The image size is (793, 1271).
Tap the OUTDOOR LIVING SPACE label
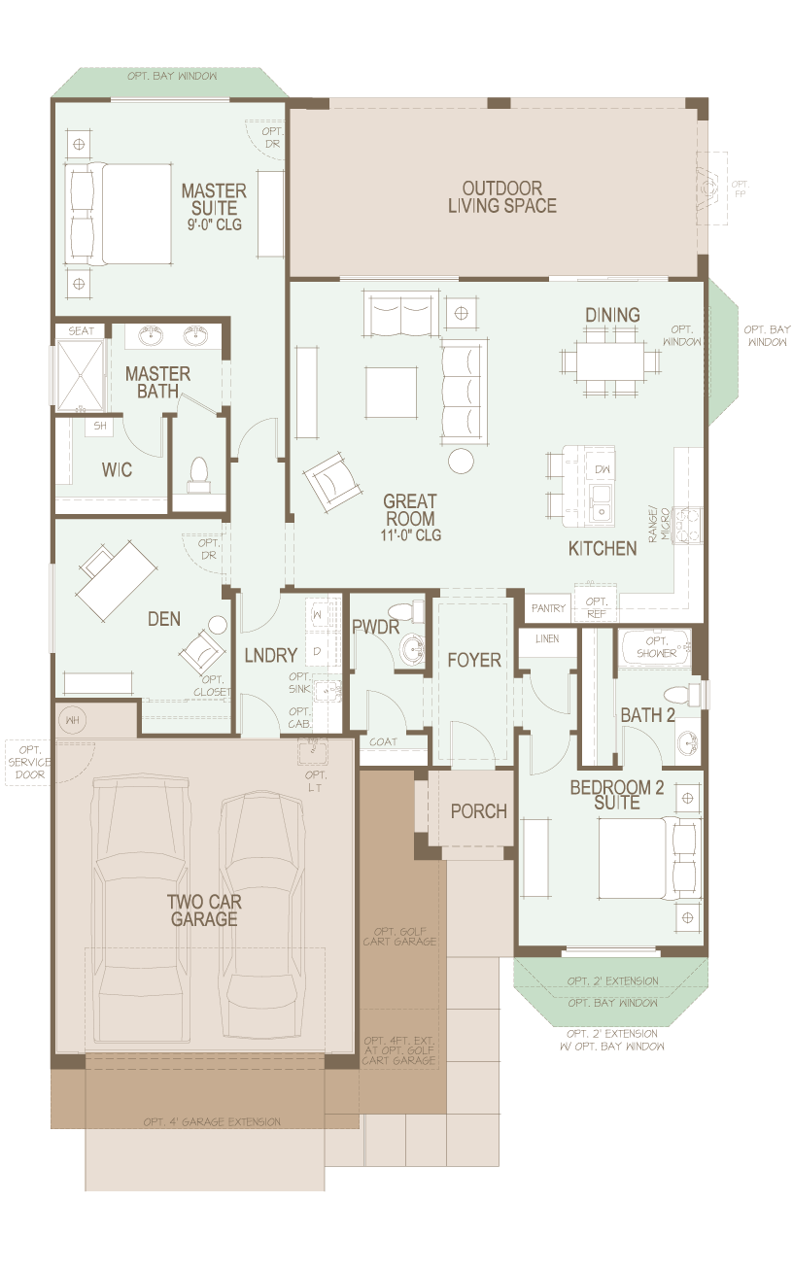[501, 196]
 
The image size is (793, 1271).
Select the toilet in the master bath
[199, 471]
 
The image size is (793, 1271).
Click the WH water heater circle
[71, 720]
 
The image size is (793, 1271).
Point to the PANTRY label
[548, 608]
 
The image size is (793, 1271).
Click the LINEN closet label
[546, 639]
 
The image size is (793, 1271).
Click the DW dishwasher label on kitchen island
[601, 469]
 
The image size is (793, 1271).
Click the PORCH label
[478, 810]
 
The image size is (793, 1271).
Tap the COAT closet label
[384, 742]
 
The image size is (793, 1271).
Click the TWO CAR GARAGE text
[204, 910]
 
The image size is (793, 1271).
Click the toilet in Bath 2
[678, 695]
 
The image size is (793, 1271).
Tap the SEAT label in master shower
[82, 331]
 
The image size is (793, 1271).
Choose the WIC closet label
[117, 469]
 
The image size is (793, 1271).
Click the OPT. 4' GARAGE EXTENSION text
[212, 1121]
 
